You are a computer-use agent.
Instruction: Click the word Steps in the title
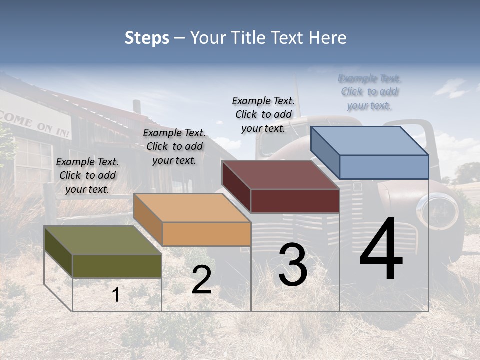pos(147,38)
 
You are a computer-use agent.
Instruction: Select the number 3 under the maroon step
pos(293,264)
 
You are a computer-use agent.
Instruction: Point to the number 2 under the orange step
pos(201,280)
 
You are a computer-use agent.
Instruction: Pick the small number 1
pos(116,295)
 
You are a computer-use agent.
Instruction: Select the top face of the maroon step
pos(280,175)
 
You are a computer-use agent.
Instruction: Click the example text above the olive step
pos(87,175)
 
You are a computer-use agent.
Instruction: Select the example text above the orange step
pos(174,146)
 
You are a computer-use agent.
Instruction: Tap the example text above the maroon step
pos(263,114)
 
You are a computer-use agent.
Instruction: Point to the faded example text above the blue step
pos(369,92)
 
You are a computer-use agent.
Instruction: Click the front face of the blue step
pos(384,167)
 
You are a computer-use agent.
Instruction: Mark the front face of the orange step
pos(206,234)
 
